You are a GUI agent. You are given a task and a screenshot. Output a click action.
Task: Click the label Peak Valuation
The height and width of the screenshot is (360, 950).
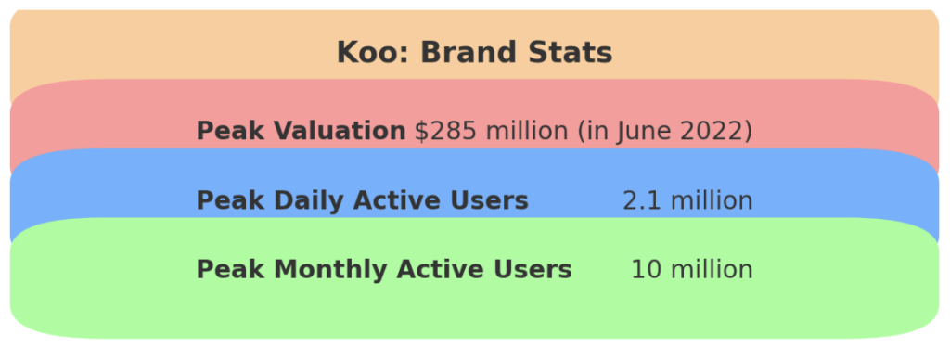click(301, 132)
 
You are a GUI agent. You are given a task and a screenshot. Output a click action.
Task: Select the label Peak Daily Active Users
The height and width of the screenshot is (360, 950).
click(362, 200)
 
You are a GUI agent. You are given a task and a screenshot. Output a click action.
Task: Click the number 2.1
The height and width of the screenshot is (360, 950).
click(641, 200)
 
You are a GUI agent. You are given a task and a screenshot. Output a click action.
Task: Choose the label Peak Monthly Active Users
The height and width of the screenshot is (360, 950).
click(384, 270)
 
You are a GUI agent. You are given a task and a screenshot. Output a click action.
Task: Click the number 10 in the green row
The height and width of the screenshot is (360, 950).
click(647, 270)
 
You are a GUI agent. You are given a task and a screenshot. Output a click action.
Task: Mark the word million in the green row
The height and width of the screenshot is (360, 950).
click(712, 270)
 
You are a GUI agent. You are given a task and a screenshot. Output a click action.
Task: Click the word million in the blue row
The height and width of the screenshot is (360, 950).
click(712, 200)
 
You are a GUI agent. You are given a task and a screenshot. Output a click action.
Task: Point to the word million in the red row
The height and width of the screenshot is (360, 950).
click(525, 132)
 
